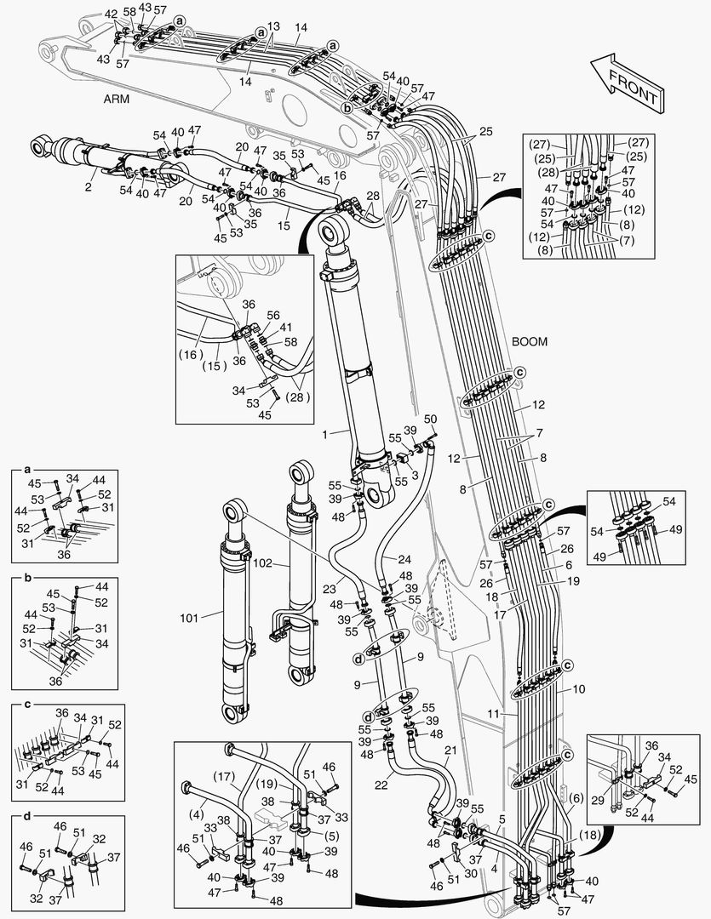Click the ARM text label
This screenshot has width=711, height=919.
pos(118,100)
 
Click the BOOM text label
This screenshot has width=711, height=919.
pos(530,341)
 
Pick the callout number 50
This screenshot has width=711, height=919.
pos(430,420)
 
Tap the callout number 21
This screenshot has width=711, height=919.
pos(450,750)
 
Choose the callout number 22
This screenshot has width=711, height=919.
pos(381,785)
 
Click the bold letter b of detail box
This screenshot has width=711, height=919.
pos(27,577)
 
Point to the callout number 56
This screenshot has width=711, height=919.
pos(272,315)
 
